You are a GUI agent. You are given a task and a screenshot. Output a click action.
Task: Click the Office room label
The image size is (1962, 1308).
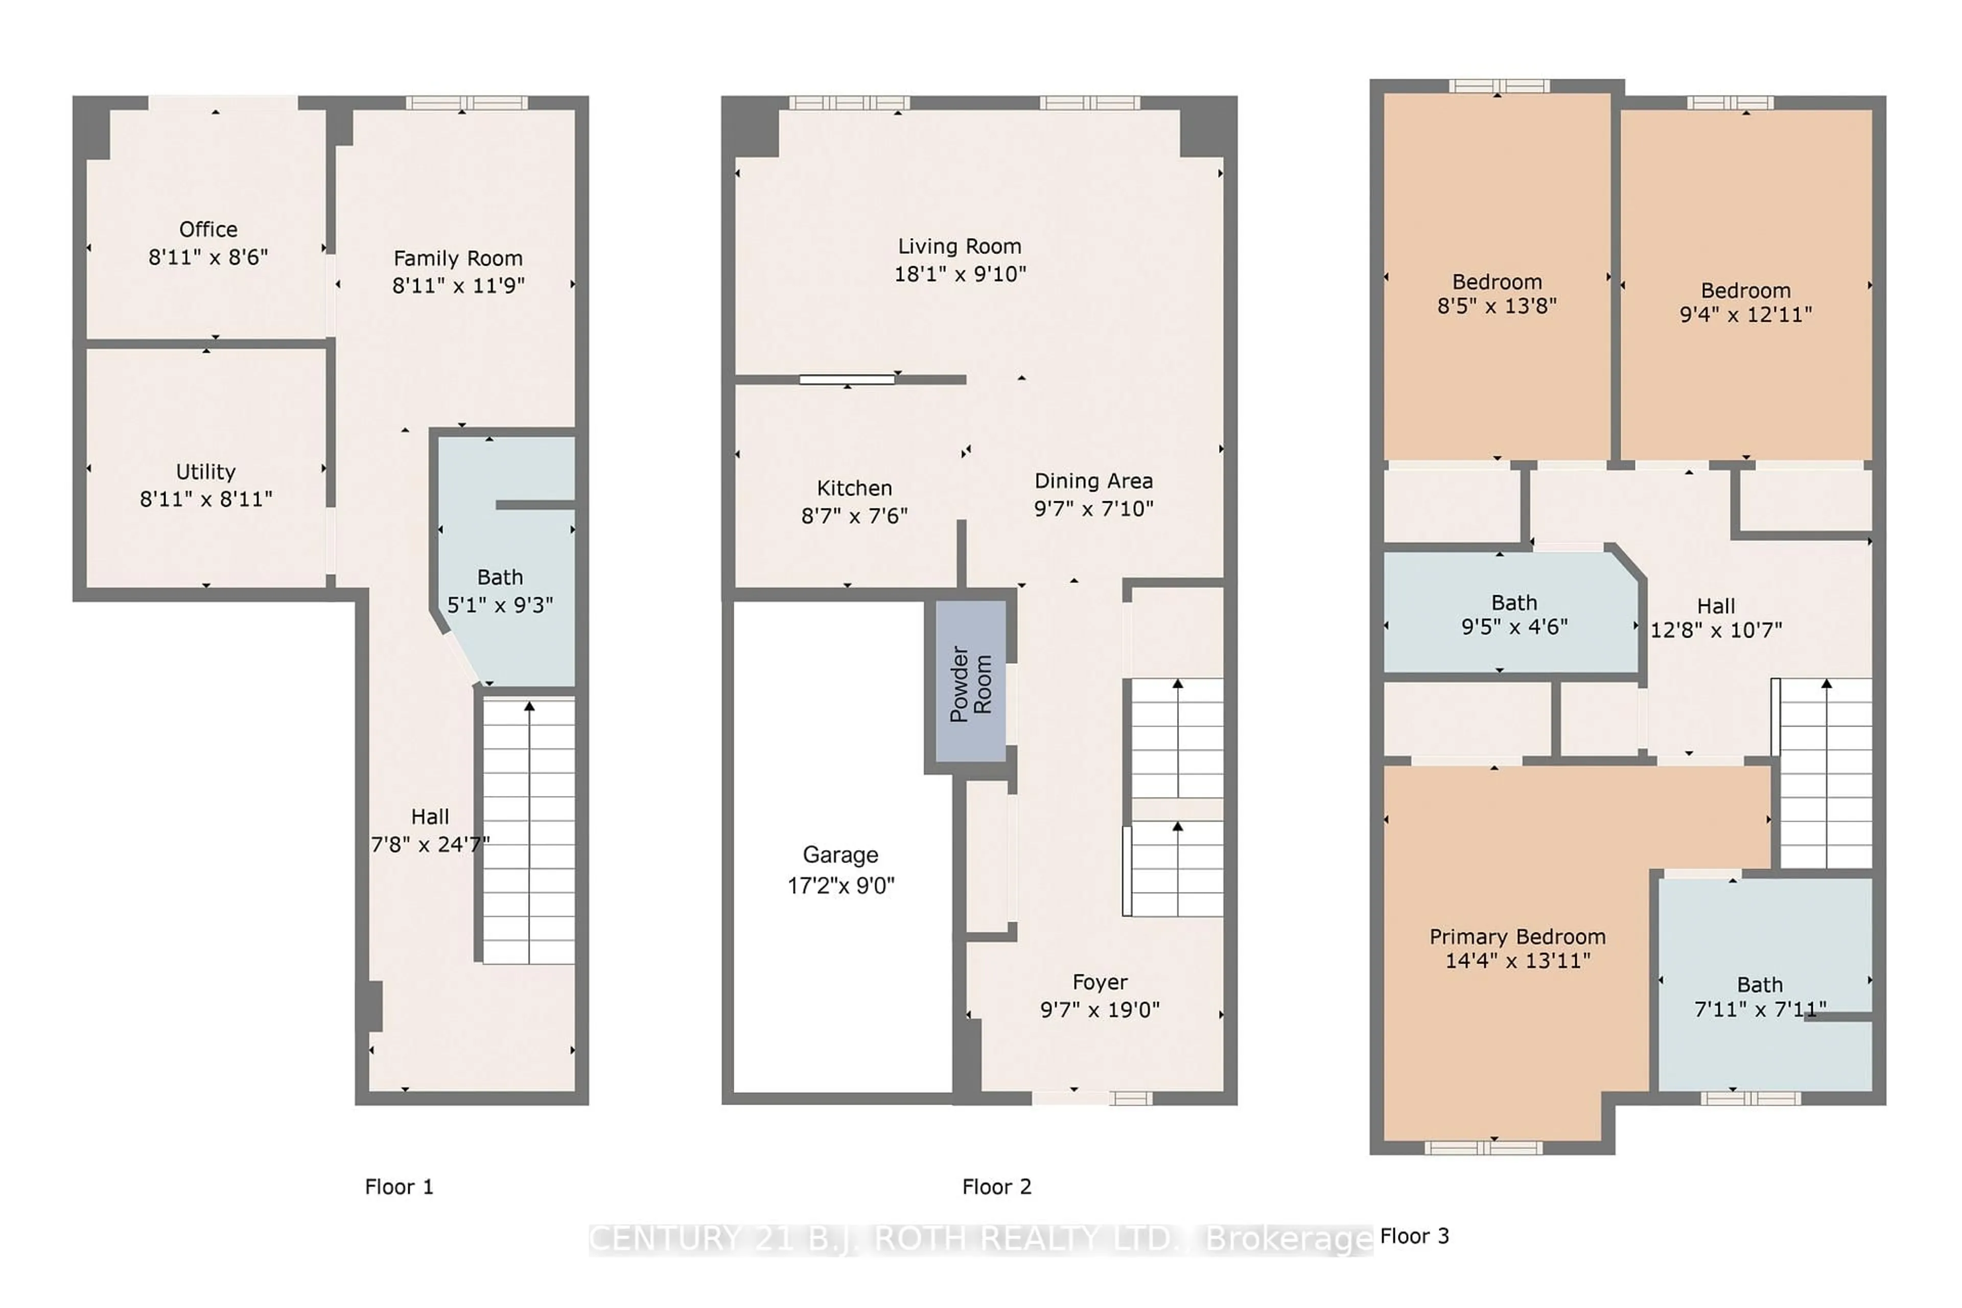pos(208,229)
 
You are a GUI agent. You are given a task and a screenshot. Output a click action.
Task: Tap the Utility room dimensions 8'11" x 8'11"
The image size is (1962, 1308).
pos(206,499)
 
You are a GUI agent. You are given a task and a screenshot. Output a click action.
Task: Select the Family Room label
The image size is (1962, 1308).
pos(458,259)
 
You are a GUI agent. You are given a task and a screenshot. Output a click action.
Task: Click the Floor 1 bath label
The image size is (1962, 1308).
pos(500,577)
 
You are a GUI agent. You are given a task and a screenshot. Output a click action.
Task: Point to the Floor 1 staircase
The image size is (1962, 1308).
pos(529,830)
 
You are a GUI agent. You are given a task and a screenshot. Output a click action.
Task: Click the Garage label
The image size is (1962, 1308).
pos(840,855)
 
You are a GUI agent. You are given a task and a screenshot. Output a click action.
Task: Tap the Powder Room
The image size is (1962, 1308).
pos(970,683)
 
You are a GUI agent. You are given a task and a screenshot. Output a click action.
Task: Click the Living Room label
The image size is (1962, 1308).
pos(960,247)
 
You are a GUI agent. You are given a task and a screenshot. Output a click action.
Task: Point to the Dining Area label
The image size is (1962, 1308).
pos(1093,481)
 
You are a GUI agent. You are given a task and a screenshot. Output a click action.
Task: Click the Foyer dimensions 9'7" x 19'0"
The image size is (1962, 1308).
pos(1100,1010)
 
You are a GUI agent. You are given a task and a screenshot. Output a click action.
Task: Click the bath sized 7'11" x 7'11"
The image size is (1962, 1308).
pos(1759,997)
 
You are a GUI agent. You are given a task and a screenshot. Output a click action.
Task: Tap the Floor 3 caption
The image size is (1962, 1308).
pos(1415,1236)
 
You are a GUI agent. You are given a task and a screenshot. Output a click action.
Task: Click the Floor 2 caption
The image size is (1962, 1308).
pos(997,1187)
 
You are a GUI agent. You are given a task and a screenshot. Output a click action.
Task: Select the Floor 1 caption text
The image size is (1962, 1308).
pos(399,1187)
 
